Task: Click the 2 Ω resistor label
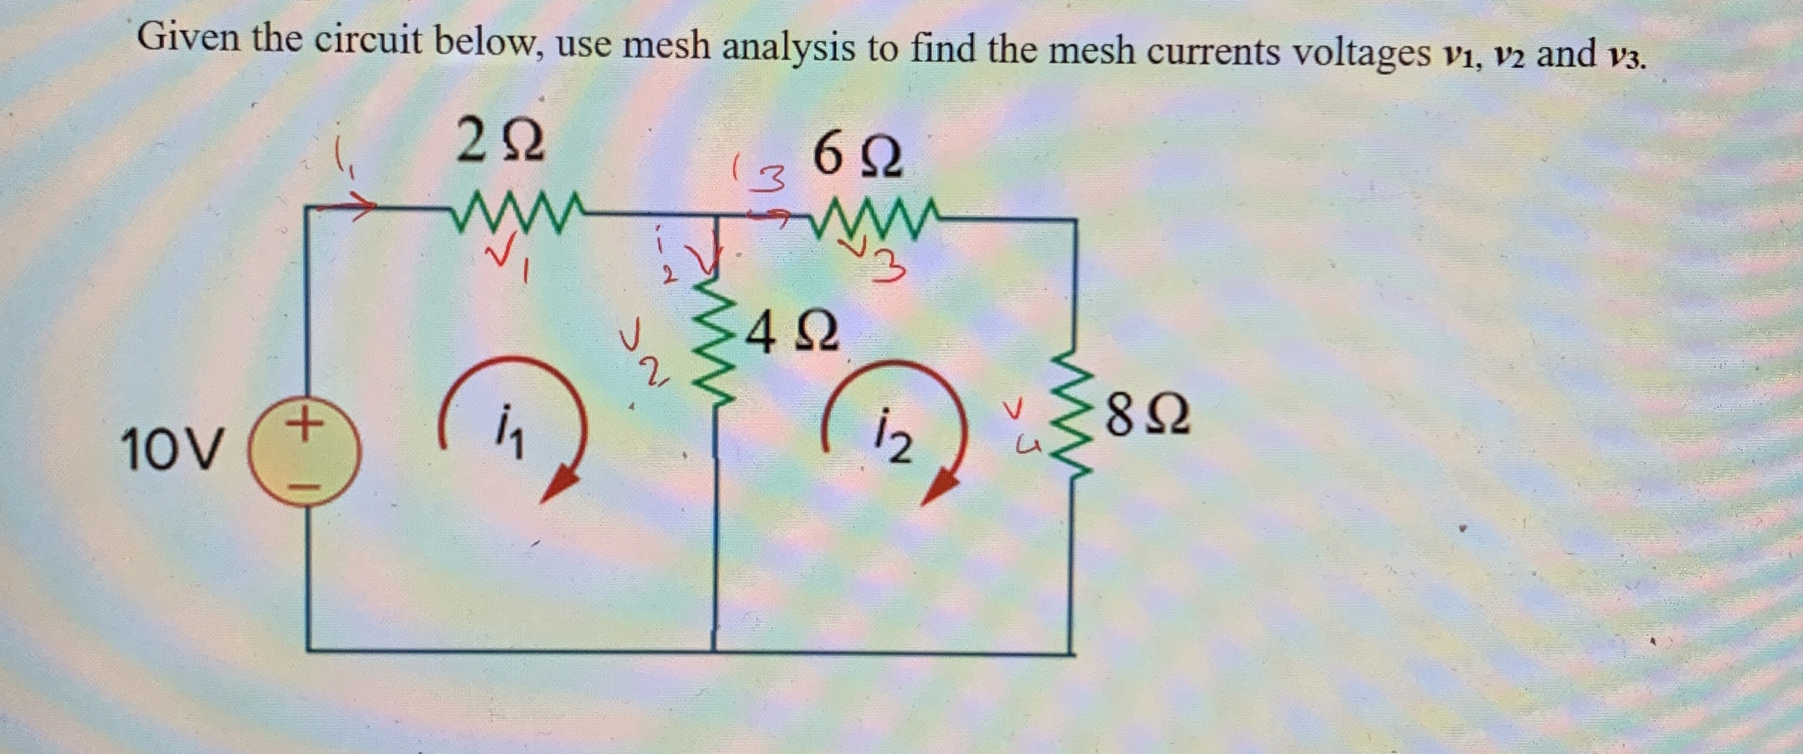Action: (x=501, y=142)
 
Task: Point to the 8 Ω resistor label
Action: (x=1148, y=416)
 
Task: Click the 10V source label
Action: (x=171, y=450)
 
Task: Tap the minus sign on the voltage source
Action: (x=304, y=488)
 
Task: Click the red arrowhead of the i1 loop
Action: (x=559, y=485)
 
